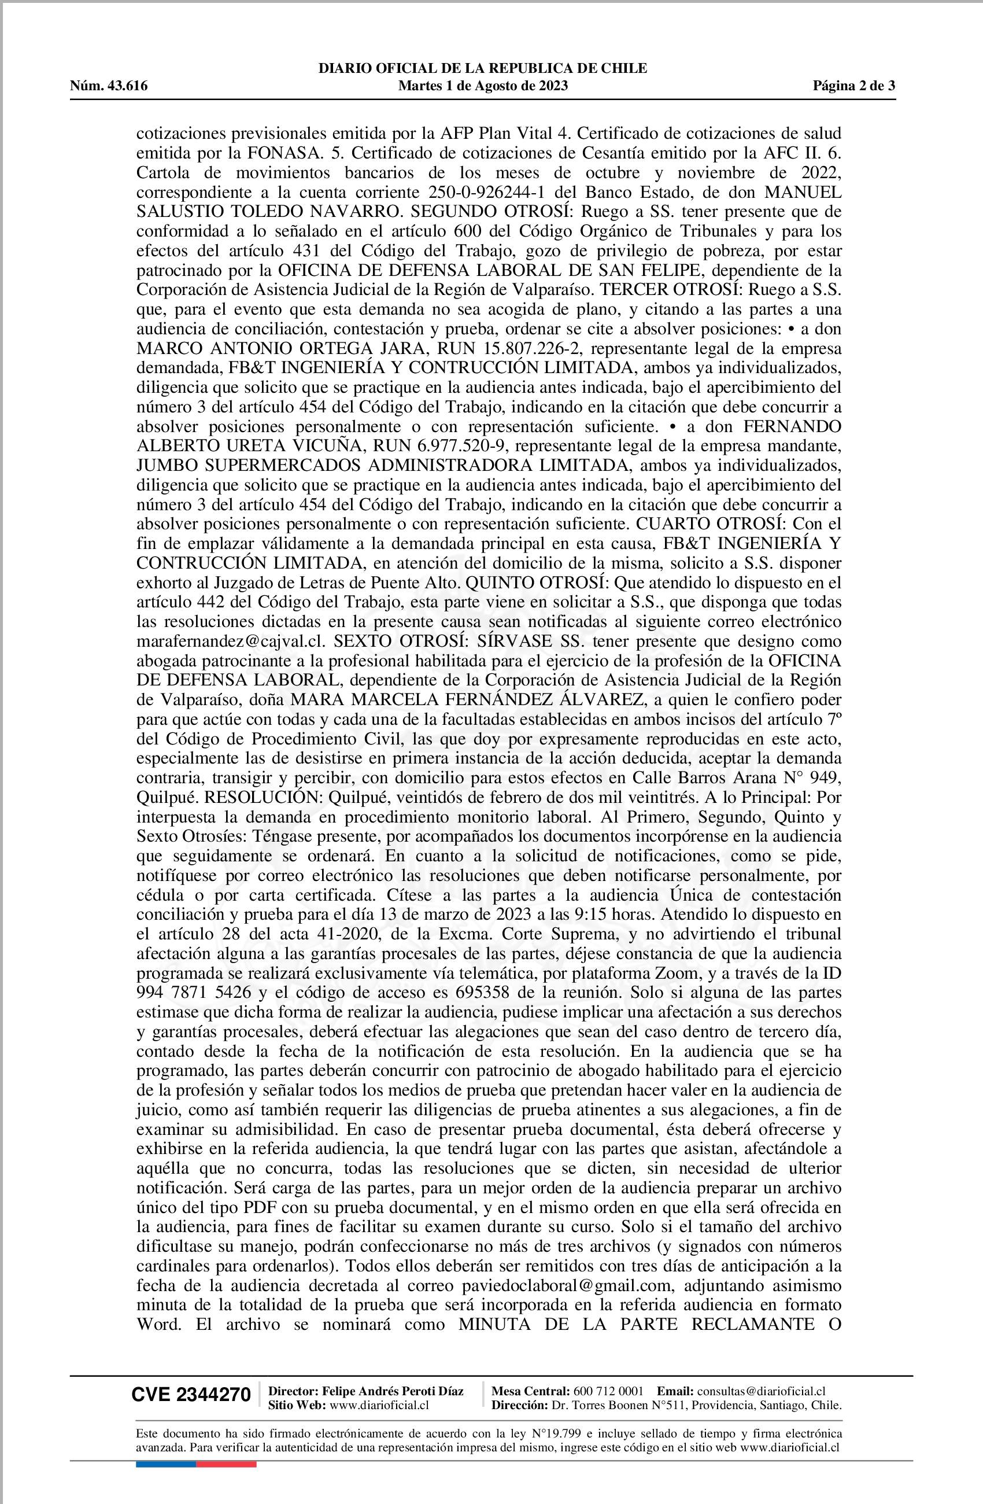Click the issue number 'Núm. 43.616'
tap(109, 87)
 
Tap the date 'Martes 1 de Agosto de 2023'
tap(483, 87)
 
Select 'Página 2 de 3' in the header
tap(853, 87)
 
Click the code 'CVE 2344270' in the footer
tap(191, 1395)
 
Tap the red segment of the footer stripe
tap(226, 1447)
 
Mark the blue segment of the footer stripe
tap(165, 1447)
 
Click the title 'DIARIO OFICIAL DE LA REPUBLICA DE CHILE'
tap(483, 69)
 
